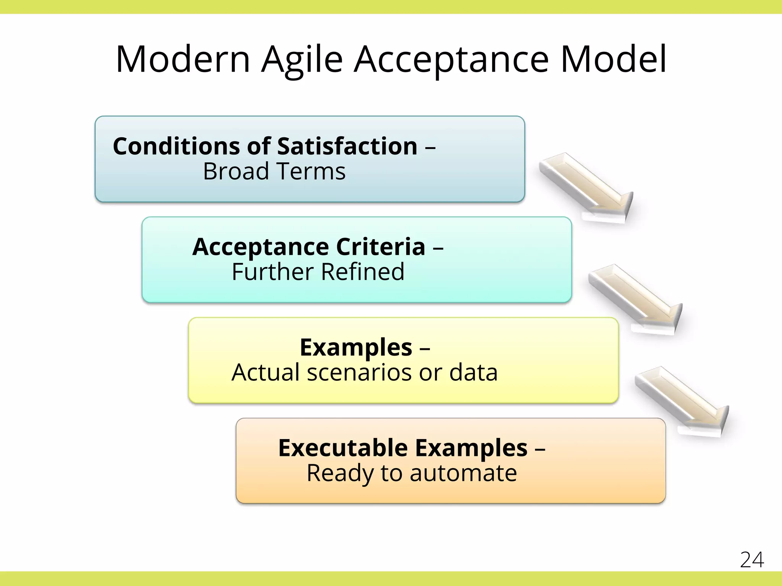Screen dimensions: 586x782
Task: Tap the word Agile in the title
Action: [x=302, y=60]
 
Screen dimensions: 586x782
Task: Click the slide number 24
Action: [x=752, y=560]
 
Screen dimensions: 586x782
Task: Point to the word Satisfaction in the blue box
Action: [x=347, y=146]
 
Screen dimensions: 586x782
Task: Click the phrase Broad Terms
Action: [x=274, y=171]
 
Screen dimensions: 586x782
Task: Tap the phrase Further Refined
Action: [x=318, y=272]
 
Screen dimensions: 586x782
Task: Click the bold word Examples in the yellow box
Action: [x=356, y=348]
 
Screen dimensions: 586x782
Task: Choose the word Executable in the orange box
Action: [x=343, y=448]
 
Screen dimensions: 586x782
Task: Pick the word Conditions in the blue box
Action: [x=177, y=146]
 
